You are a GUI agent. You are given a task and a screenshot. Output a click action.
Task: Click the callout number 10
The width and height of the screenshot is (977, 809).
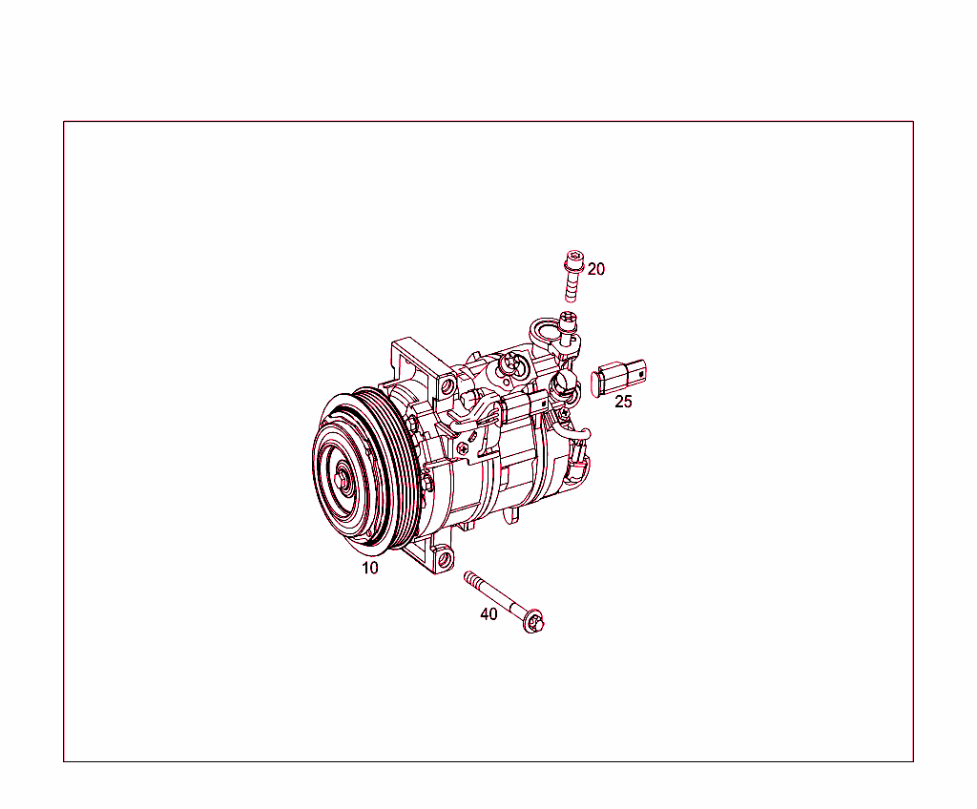click(369, 568)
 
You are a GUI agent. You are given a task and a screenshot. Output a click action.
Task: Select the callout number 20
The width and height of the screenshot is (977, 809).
click(595, 269)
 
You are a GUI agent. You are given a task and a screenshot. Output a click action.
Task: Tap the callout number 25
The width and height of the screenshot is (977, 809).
click(623, 402)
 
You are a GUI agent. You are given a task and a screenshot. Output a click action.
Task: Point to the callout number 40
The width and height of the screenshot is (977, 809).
click(488, 614)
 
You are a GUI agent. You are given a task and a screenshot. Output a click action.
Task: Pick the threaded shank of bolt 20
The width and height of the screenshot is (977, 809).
click(572, 286)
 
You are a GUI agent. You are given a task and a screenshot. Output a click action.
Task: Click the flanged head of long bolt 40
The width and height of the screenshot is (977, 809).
click(535, 622)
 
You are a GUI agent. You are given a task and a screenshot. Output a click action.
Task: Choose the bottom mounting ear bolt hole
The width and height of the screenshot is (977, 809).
click(442, 558)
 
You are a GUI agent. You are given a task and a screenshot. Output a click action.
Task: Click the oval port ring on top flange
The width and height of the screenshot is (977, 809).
click(545, 332)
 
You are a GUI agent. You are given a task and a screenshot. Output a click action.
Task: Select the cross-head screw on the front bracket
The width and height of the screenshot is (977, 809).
click(466, 447)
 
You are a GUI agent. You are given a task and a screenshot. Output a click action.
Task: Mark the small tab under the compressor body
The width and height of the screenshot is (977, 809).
click(512, 514)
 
